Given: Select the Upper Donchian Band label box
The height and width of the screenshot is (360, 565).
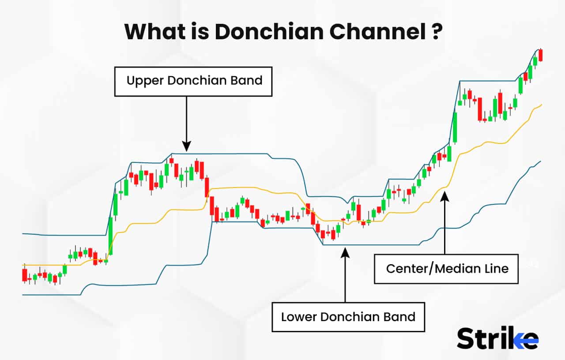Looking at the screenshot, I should pyautogui.click(x=193, y=81).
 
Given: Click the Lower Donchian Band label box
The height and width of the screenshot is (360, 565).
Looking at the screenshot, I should pyautogui.click(x=348, y=317).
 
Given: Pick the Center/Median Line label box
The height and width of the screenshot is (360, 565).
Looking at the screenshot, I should pyautogui.click(x=446, y=269).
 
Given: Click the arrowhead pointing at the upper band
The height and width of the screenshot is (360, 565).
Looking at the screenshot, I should pyautogui.click(x=187, y=146).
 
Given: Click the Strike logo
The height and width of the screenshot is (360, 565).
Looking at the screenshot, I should pyautogui.click(x=497, y=338).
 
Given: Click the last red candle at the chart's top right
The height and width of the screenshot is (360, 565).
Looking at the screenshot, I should pyautogui.click(x=541, y=55).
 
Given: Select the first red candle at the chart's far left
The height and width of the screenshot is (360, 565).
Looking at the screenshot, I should pyautogui.click(x=25, y=274).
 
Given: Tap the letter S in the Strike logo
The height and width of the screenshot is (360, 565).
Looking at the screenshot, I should pyautogui.click(x=466, y=338).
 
